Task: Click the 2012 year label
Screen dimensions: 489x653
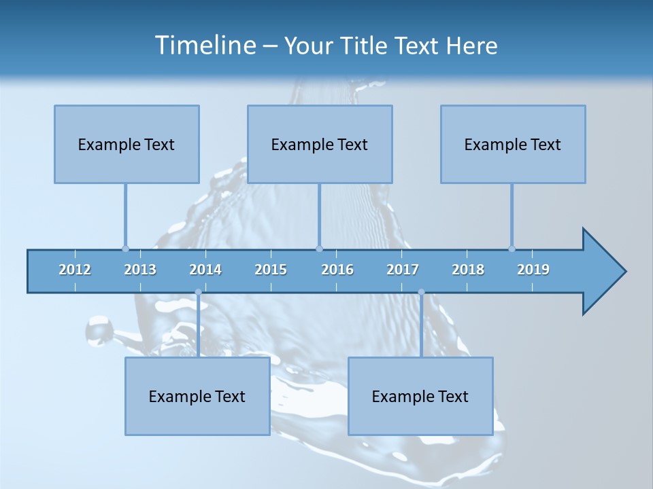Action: [x=75, y=270]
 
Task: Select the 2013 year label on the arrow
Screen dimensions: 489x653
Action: [x=140, y=270]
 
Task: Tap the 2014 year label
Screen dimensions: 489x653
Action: [x=205, y=270]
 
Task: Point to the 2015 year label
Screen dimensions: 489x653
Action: [x=271, y=270]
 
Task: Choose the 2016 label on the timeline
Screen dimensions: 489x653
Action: [x=337, y=270]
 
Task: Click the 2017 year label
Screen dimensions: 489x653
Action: [x=403, y=270]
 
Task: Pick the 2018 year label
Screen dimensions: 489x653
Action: [x=468, y=270]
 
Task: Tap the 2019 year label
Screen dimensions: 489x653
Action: [x=533, y=270]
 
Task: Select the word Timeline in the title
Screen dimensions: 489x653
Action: [x=205, y=46]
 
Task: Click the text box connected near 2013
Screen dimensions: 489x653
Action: [x=127, y=144]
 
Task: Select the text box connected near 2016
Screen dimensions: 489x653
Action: [x=320, y=144]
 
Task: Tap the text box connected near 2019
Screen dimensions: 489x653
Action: [x=513, y=144]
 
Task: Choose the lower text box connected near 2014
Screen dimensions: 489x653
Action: [x=197, y=396]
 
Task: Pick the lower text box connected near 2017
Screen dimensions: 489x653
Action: [x=420, y=396]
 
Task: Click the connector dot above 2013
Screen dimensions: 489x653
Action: [x=125, y=249]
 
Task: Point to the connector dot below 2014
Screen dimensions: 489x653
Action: [x=198, y=292]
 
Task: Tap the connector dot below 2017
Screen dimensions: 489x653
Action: [x=421, y=292]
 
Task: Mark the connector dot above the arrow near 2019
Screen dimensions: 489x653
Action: [x=512, y=249]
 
